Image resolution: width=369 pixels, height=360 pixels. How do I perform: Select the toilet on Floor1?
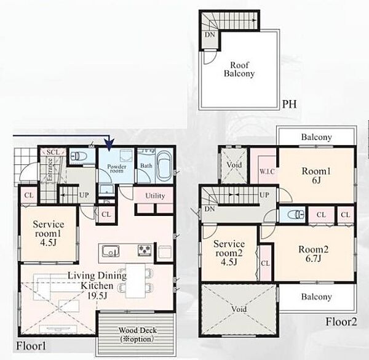tap(79, 156)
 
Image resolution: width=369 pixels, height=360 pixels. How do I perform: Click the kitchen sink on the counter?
tap(111, 252)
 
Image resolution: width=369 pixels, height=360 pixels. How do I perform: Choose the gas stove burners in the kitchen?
tap(145, 250)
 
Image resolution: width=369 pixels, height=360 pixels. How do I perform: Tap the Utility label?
tap(155, 196)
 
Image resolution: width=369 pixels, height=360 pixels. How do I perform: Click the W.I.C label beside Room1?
tap(267, 172)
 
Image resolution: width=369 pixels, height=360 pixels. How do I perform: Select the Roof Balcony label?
tap(239, 69)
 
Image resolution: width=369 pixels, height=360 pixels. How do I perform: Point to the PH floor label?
tap(289, 104)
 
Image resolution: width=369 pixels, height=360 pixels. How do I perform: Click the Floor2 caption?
tap(341, 322)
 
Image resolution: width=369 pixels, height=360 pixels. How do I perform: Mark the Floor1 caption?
tap(31, 346)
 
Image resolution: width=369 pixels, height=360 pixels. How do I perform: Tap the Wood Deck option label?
tap(137, 335)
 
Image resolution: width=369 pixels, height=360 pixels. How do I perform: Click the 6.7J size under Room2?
tap(313, 258)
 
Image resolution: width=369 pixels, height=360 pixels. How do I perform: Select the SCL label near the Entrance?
tap(53, 153)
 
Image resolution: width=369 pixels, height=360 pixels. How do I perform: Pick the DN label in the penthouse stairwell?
tap(210, 35)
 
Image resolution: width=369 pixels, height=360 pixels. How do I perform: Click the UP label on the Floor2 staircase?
tap(264, 195)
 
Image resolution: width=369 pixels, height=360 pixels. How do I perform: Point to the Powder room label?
tap(117, 169)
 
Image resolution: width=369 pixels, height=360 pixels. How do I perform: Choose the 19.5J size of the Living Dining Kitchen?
tap(97, 295)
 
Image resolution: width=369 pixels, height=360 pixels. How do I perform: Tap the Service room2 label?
tap(229, 249)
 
